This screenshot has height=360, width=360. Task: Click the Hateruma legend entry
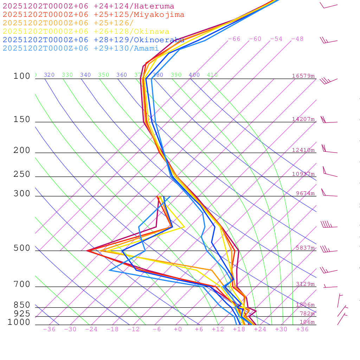88,6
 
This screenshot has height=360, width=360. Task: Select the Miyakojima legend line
94,15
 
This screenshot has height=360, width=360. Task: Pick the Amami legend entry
81,49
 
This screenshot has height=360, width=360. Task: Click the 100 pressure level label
22,76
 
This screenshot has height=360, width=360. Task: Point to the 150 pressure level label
22,120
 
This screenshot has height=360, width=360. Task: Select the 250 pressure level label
22,174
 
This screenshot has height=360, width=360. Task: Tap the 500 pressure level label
22,248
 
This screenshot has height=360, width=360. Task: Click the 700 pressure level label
22,284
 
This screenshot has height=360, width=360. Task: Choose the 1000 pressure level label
19,322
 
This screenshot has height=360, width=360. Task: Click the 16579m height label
303,76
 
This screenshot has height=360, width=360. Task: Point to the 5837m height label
305,248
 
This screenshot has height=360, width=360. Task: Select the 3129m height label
305,284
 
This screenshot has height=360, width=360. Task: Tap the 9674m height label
305,193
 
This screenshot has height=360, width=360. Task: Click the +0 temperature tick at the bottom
178,329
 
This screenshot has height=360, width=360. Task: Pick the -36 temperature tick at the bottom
49,329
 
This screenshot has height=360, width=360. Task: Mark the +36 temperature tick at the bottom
302,329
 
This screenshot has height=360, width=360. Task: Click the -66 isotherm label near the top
234,39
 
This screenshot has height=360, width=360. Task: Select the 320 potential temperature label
49,75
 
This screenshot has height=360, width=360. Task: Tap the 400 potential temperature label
194,75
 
